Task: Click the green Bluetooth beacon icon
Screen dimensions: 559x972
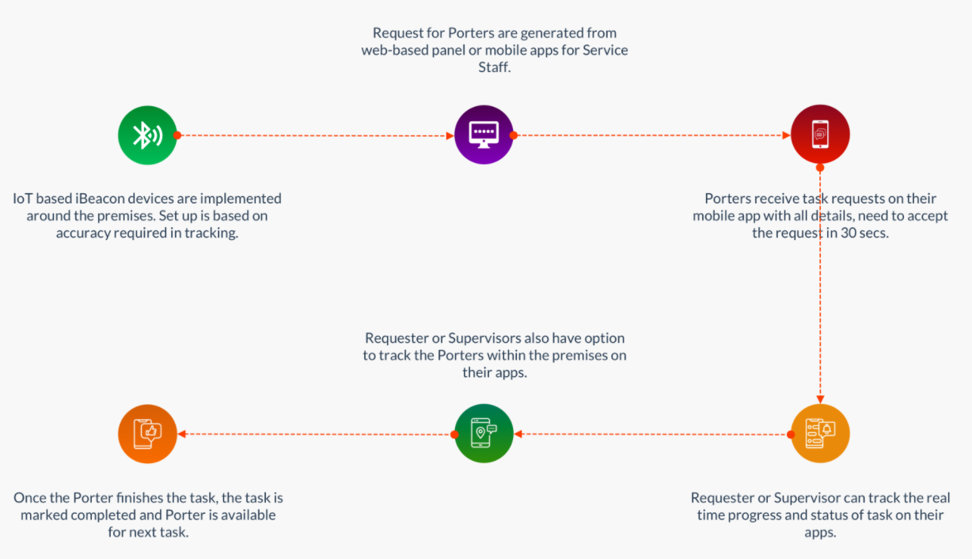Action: (x=147, y=135)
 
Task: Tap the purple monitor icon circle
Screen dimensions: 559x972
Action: (x=484, y=135)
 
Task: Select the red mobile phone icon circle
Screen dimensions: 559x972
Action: (x=820, y=135)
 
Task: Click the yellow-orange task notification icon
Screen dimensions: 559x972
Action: (x=820, y=434)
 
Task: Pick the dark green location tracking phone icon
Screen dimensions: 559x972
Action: (x=484, y=434)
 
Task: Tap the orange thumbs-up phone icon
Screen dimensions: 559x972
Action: (x=147, y=434)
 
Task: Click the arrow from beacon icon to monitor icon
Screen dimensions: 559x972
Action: (x=317, y=135)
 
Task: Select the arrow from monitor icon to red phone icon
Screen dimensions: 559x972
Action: (x=653, y=135)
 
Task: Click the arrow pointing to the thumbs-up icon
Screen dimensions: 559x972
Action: (x=317, y=434)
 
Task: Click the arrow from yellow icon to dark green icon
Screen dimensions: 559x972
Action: (x=653, y=434)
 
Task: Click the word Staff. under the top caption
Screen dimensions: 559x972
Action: (x=495, y=67)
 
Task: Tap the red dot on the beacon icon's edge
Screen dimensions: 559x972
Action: (x=177, y=135)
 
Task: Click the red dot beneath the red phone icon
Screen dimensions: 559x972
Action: (x=820, y=167)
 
